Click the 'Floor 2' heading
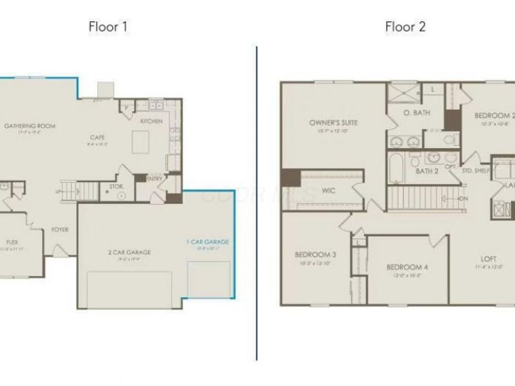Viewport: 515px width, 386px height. click(405, 27)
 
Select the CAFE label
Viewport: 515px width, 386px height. click(98, 136)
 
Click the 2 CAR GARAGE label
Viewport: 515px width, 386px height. click(125, 252)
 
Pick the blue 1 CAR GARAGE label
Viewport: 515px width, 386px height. click(207, 242)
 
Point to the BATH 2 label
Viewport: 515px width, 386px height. click(426, 171)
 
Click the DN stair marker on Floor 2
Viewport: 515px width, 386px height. click(462, 199)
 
